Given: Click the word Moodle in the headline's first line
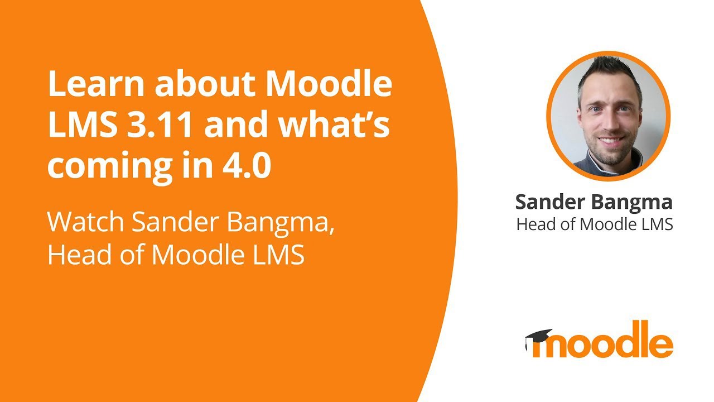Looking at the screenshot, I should [x=329, y=85].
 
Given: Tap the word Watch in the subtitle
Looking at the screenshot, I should [x=86, y=222].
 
